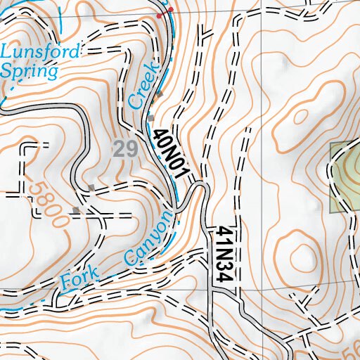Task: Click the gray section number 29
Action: [x=124, y=148]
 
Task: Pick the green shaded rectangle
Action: [x=345, y=177]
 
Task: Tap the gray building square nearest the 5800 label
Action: [x=76, y=210]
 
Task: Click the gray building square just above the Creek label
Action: [x=160, y=94]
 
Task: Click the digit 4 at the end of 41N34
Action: [x=224, y=276]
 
